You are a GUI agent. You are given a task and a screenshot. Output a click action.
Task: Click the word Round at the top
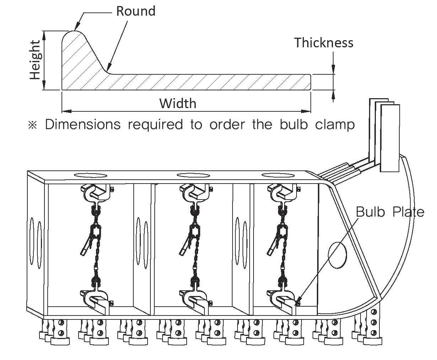(x=136, y=11)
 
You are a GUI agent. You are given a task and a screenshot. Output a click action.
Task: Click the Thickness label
(x=324, y=43)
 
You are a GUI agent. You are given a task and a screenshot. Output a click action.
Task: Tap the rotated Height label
(x=35, y=60)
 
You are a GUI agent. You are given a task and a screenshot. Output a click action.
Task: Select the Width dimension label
(x=178, y=104)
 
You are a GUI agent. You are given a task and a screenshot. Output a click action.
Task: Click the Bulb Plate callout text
(x=390, y=212)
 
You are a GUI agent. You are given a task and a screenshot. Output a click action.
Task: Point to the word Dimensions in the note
(x=82, y=125)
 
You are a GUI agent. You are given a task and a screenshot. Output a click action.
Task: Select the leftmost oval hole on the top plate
(x=91, y=175)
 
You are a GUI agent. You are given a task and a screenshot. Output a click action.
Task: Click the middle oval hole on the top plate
(x=193, y=175)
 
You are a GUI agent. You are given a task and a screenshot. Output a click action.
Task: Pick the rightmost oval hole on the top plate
(x=278, y=175)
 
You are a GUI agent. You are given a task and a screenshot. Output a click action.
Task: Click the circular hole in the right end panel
(x=337, y=255)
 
